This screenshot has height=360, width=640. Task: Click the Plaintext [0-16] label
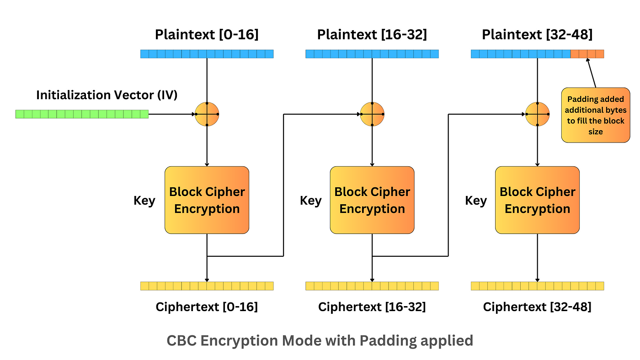(207, 35)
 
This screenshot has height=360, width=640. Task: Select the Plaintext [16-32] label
(372, 35)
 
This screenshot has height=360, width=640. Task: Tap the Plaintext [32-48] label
(537, 35)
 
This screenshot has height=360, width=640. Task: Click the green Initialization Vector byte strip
(82, 114)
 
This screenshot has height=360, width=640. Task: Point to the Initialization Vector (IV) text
(107, 95)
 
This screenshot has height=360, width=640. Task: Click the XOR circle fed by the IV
(207, 114)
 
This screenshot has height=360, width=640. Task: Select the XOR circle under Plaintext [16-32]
(372, 114)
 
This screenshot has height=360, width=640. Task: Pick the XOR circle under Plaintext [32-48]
(537, 114)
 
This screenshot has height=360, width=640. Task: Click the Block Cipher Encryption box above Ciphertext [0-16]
(207, 200)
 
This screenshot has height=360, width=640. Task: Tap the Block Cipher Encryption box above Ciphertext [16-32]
(372, 200)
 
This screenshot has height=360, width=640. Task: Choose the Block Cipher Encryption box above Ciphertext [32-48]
(537, 200)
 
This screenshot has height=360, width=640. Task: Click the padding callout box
(595, 115)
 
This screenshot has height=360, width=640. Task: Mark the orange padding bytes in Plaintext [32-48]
(587, 54)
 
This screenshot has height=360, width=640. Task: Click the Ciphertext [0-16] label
(207, 307)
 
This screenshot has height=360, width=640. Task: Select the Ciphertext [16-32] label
(372, 307)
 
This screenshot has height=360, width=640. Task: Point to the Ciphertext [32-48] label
(537, 307)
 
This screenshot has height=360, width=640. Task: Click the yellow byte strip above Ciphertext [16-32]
(372, 286)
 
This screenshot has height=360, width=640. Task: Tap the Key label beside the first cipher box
(144, 201)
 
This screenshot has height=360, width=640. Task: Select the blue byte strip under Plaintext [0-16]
(207, 54)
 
